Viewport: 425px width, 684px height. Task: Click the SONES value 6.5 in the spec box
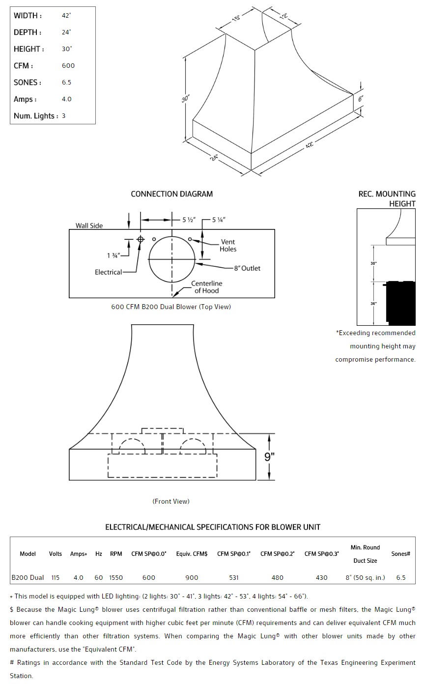[66, 83]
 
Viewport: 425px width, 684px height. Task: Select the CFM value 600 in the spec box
[68, 66]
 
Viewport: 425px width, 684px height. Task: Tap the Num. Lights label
[36, 116]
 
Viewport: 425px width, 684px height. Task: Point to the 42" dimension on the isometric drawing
[309, 145]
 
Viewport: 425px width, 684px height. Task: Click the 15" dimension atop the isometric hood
[236, 20]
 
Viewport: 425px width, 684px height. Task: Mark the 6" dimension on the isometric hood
[361, 99]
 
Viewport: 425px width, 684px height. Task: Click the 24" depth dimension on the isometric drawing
[215, 158]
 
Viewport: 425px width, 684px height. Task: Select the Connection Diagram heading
[171, 194]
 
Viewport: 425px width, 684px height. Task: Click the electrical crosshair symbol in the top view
[141, 239]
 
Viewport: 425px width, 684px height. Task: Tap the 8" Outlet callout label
[247, 268]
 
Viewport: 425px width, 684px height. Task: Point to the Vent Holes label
[228, 245]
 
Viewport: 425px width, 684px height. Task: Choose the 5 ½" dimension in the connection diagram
[187, 220]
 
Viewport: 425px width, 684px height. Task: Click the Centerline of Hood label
[206, 287]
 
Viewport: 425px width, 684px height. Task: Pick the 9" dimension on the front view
[269, 456]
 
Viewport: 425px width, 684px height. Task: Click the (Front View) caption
[171, 501]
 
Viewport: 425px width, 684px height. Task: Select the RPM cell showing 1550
[116, 577]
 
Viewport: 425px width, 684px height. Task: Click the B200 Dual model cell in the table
[28, 577]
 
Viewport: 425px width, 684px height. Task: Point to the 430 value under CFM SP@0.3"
[321, 577]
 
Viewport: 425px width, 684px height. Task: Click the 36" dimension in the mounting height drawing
[373, 304]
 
